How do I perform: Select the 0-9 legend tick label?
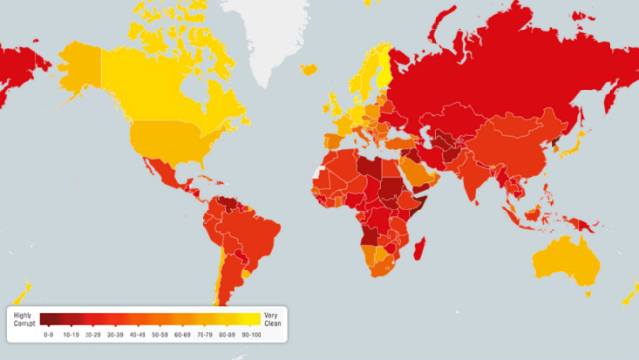[49, 334]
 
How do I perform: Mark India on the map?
[476, 177]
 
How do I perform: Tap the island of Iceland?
[309, 69]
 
